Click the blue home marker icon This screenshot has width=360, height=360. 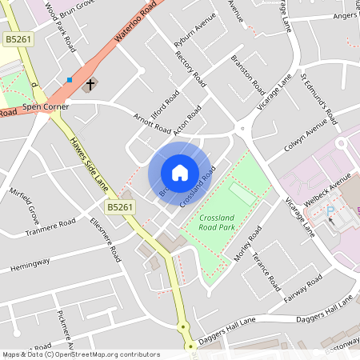(x=179, y=172)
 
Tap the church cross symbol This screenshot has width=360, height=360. (x=90, y=83)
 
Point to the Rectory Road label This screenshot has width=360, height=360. (x=190, y=67)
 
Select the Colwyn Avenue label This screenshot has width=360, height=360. (x=307, y=140)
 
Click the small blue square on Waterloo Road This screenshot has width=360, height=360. (x=70, y=79)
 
